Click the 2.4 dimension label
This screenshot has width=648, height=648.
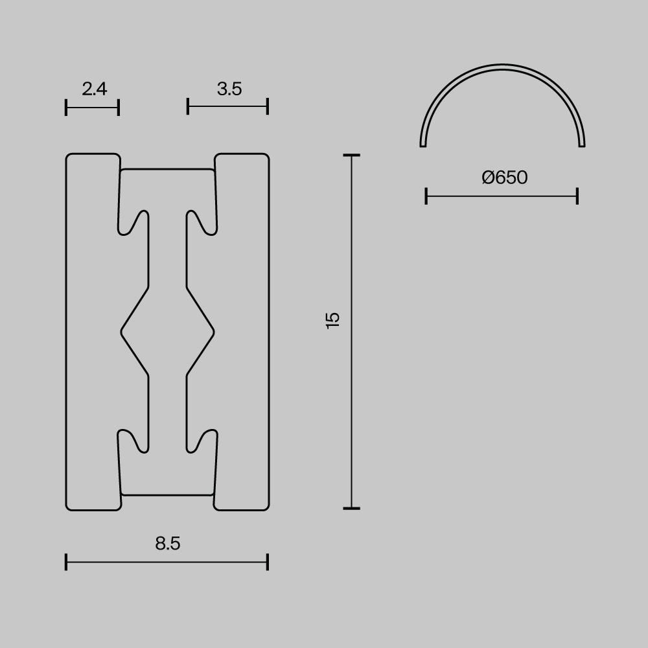95,89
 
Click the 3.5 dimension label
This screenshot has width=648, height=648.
229,89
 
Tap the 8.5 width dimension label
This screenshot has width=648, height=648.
168,544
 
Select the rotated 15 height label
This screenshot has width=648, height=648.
333,320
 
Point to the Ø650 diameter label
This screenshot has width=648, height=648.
505,178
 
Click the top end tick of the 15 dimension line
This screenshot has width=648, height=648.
351,156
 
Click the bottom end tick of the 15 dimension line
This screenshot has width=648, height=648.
351,508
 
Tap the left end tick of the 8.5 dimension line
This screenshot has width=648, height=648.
66,562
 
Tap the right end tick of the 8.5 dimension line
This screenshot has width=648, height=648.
268,562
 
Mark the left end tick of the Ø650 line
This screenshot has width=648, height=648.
426,196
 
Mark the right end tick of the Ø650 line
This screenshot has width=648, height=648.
577,196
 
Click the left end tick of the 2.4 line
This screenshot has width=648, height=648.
66,107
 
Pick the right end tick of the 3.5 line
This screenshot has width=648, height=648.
268,106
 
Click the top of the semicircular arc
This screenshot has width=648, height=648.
503,65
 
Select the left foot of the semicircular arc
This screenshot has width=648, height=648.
423,144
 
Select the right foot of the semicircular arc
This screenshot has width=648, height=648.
582,144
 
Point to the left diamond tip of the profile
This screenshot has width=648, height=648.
122,332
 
